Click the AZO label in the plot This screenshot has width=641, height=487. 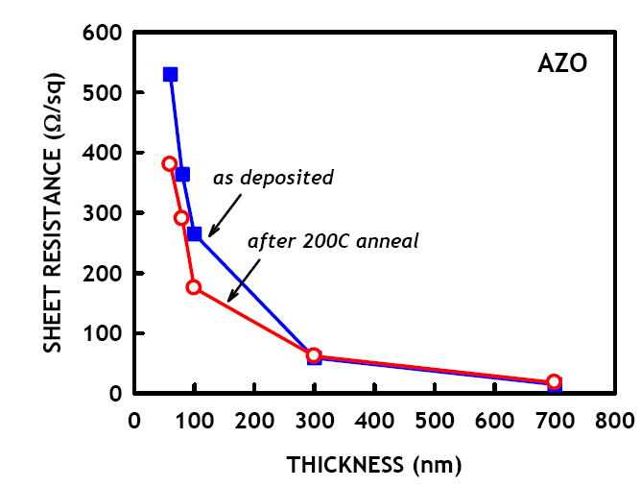coord(561,65)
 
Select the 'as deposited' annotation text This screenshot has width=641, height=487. coord(273,178)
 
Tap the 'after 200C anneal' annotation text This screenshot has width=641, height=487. coord(333,241)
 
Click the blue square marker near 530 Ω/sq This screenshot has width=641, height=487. coord(170,74)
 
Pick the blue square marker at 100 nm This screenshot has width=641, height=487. coord(194,233)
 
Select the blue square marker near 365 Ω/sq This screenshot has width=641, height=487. coord(182,174)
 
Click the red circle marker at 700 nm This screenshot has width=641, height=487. coord(554,382)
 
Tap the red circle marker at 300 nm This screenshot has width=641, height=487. coord(314,356)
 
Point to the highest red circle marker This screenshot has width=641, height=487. coord(170,164)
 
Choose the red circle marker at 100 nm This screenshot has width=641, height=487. coord(194,287)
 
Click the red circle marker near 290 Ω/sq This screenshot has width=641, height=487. coord(181,218)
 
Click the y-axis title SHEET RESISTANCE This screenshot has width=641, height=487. coord(54,211)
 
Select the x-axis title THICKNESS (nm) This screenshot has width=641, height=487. coord(374,466)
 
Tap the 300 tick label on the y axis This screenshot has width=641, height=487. coord(106,213)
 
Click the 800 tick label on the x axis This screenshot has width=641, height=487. coord(613,420)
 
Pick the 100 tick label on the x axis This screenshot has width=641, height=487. coord(194,420)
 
